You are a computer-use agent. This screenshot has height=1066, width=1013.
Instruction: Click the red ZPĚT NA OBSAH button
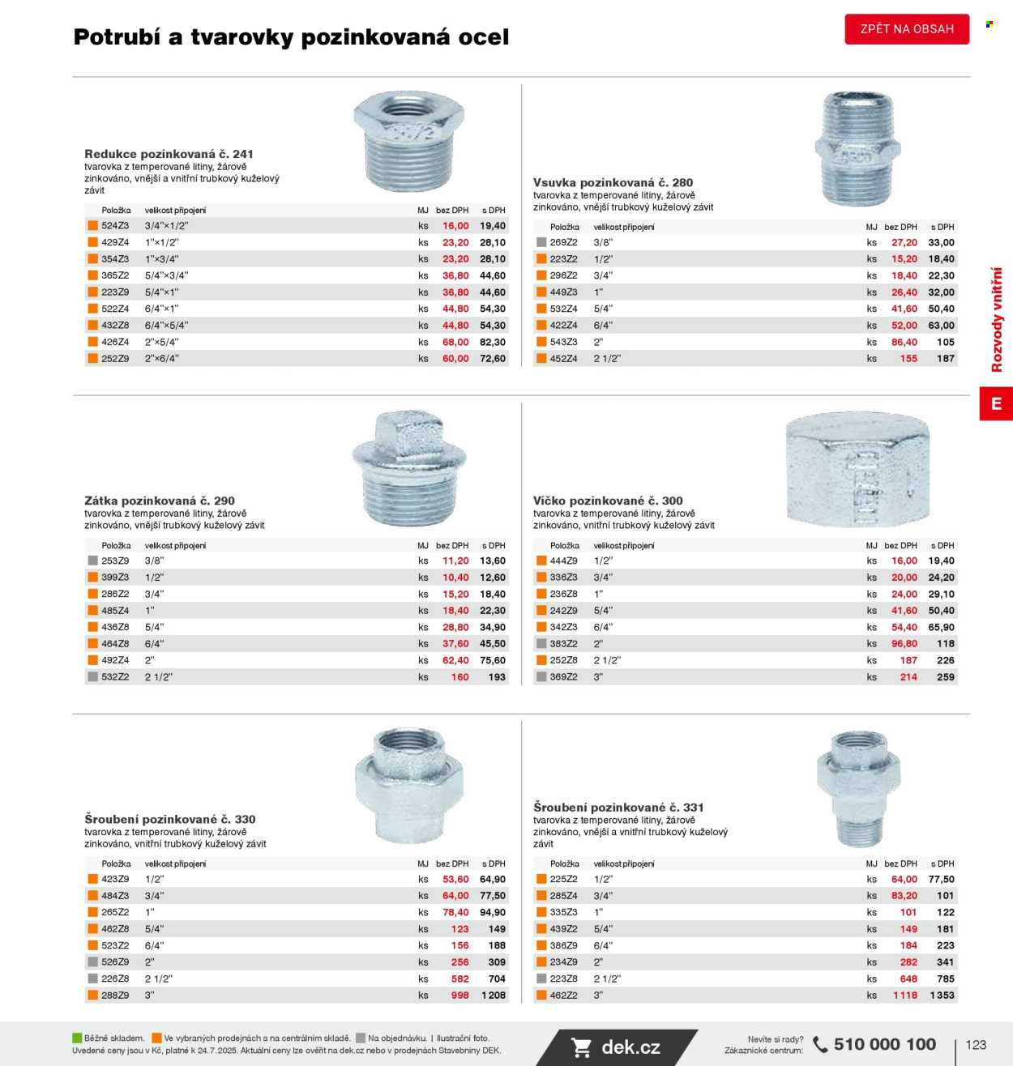coord(907,29)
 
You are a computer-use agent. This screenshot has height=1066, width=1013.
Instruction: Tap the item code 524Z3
coord(115,225)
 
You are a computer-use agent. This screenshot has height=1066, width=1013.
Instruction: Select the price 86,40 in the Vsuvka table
coord(904,342)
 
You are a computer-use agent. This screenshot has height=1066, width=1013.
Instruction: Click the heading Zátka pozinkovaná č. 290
coord(160,501)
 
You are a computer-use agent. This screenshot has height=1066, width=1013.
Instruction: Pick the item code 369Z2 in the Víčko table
coord(564,676)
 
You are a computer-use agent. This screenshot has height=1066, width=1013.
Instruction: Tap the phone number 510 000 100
coord(884,1044)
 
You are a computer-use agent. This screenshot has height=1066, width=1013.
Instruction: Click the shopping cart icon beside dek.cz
coord(581,1047)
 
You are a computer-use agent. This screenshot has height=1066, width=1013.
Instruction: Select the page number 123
coord(976,1045)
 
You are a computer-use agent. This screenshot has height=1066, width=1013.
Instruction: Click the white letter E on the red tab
coord(996,403)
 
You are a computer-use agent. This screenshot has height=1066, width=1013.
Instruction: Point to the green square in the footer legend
coord(77,1038)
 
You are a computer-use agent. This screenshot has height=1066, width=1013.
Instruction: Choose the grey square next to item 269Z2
coord(541,242)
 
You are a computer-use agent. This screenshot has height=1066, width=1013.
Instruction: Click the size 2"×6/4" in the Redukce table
coord(162,358)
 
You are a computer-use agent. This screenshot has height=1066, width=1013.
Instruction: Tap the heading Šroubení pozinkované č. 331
coord(618,807)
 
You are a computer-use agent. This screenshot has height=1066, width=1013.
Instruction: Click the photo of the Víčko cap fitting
coord(858,469)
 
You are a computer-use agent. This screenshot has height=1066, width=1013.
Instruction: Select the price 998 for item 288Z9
coord(459,995)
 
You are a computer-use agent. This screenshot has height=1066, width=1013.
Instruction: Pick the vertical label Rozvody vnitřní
coord(997,319)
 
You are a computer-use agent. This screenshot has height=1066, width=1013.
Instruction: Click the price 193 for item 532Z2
coord(497,676)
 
